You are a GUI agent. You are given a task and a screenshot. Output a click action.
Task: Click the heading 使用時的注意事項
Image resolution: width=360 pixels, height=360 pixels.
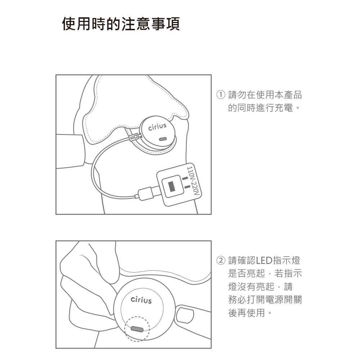121,24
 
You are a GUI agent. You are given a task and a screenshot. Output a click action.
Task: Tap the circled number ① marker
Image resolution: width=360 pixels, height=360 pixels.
221,95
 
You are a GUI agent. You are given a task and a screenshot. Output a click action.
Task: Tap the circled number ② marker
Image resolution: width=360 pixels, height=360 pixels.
221,261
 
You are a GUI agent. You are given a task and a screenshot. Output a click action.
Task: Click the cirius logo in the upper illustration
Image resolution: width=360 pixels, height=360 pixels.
157,126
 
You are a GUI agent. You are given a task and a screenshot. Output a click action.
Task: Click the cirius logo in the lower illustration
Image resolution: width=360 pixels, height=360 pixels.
141,300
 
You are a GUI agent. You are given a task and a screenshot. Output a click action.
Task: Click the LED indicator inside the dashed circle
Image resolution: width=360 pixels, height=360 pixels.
137,329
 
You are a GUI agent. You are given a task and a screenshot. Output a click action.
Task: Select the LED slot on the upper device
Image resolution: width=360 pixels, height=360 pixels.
163,139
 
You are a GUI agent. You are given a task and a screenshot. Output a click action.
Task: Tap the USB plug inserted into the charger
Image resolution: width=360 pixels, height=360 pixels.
146,193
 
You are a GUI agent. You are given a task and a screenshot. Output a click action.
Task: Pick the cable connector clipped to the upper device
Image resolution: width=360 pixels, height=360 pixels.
135,137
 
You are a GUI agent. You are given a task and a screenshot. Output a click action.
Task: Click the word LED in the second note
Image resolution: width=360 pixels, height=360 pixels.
264,261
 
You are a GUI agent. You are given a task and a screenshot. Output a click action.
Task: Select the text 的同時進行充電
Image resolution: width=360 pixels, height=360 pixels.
261,108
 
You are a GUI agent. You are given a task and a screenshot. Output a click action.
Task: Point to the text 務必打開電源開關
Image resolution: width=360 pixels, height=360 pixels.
265,300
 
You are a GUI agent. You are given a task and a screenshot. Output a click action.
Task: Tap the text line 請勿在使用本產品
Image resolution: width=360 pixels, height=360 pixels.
265,95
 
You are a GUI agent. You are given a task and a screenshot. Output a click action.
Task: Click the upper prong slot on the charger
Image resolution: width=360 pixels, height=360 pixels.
185,178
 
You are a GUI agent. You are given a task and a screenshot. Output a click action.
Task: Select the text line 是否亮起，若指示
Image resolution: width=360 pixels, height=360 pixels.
265,274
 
